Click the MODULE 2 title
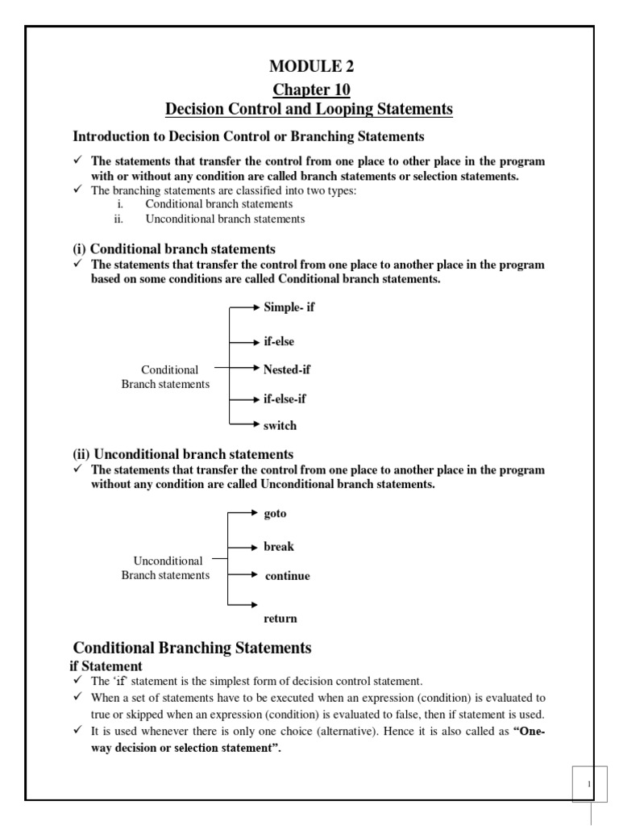click(311, 66)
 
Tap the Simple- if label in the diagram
click(289, 307)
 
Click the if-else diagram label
click(279, 341)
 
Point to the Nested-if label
click(287, 369)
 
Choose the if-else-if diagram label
click(285, 398)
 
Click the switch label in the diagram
click(280, 425)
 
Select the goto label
click(275, 513)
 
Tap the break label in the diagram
click(279, 546)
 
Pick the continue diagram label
click(288, 576)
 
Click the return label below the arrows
click(280, 619)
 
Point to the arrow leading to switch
click(244, 423)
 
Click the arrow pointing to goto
click(244, 511)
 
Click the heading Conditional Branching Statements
click(192, 648)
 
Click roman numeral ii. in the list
click(119, 219)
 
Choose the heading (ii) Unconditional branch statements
click(183, 454)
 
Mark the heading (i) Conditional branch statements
click(174, 248)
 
